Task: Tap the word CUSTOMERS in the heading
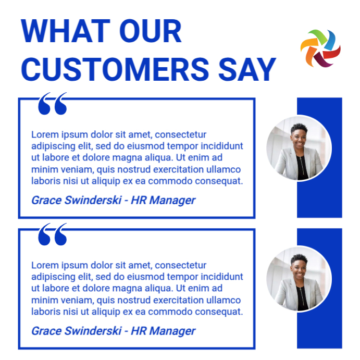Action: (109, 68)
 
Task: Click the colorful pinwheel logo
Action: (320, 48)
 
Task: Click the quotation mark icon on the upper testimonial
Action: (53, 104)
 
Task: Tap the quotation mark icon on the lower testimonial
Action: (53, 234)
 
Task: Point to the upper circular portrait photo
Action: (299, 148)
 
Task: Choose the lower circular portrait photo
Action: (299, 279)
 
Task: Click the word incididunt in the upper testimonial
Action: (221, 146)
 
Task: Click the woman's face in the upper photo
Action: (299, 133)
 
